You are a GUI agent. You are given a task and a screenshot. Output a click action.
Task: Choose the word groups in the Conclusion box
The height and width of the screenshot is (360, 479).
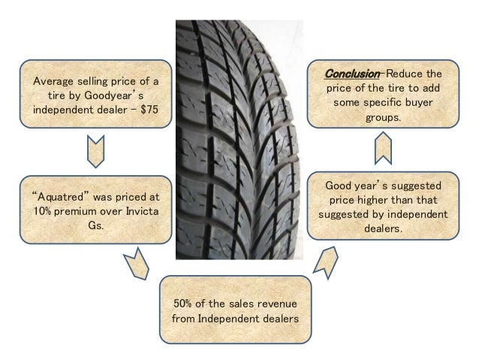click(x=382, y=118)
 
